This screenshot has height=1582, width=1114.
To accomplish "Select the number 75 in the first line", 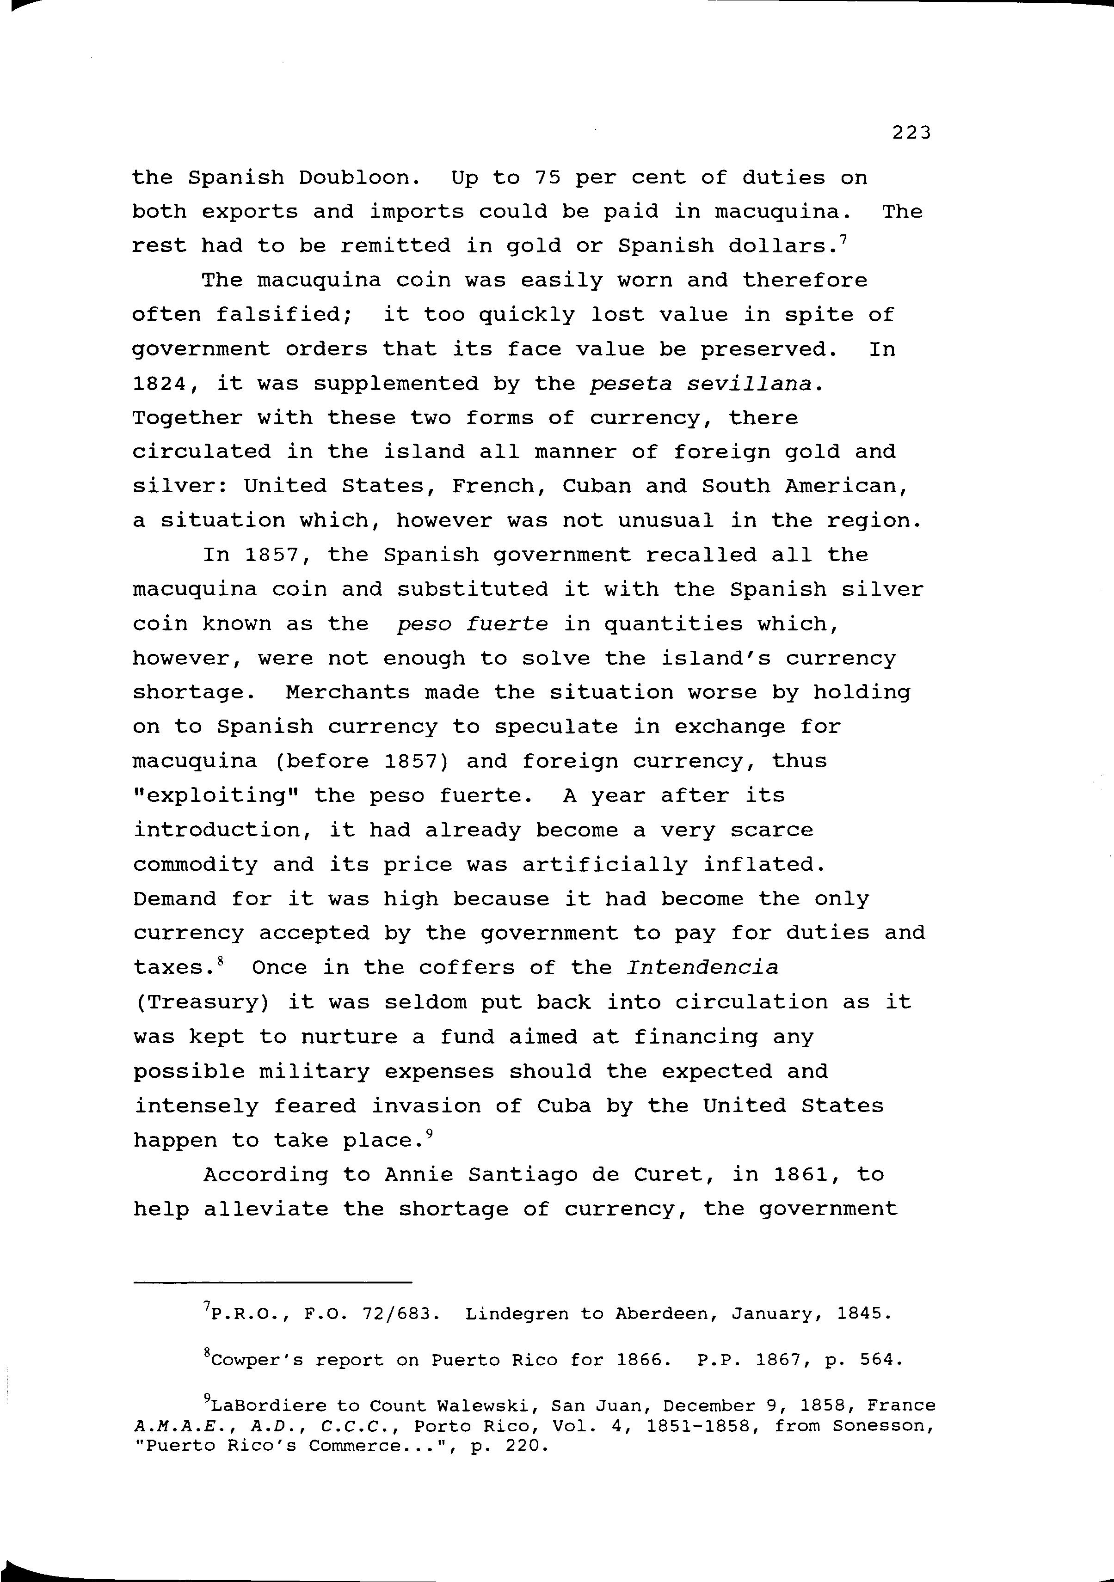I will coord(548,178).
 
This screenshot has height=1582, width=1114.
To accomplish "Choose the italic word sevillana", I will coord(755,384).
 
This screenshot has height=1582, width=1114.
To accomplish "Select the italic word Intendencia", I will coord(702,967).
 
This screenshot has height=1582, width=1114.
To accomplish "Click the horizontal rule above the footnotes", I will coord(272,1282).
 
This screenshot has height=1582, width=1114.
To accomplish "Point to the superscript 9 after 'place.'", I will coord(430,1133).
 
